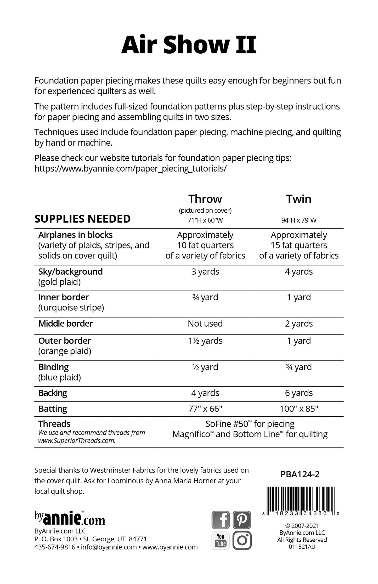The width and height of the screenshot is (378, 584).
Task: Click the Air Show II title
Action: [x=189, y=45]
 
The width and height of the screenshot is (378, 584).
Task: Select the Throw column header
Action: [x=205, y=199]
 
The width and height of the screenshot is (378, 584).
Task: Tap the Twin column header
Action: [x=299, y=199]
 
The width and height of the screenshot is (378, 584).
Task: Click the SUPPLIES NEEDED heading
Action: [x=82, y=219]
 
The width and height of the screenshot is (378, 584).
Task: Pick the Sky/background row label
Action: [x=70, y=271]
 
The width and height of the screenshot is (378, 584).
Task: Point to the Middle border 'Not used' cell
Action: [x=205, y=324]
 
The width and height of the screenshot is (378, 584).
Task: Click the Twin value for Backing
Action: [x=299, y=393]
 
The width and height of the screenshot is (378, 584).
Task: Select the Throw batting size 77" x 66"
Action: [x=205, y=409]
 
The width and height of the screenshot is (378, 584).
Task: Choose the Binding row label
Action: [x=53, y=367]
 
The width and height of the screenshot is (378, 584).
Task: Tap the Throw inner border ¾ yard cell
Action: [x=205, y=297]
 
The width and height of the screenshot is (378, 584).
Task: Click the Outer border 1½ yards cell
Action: [x=205, y=341]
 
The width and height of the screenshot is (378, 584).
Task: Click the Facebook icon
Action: [x=221, y=520]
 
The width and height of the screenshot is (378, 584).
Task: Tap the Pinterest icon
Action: [x=242, y=520]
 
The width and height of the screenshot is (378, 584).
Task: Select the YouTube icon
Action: [x=221, y=540]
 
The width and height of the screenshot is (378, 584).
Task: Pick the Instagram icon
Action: [x=242, y=540]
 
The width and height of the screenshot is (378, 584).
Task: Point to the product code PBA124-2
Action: [x=300, y=474]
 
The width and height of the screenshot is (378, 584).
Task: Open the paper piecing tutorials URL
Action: [x=130, y=168]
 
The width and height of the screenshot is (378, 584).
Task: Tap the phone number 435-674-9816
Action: [x=55, y=547]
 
